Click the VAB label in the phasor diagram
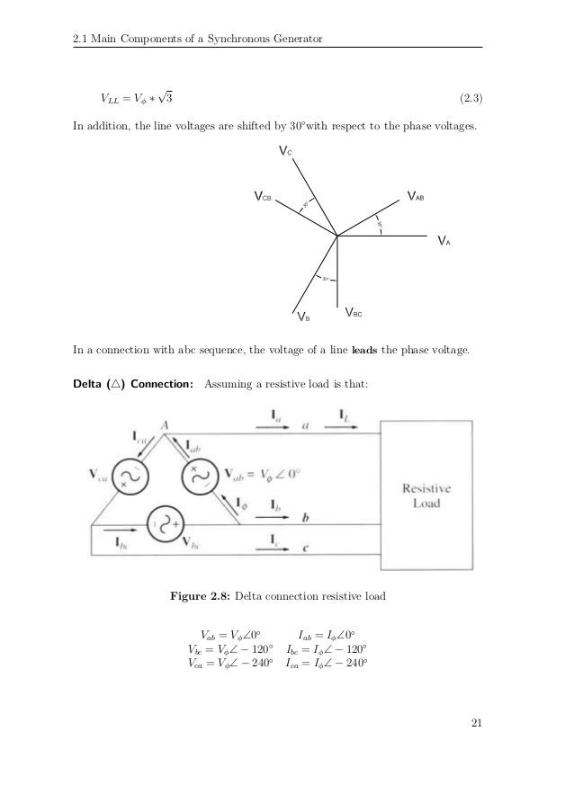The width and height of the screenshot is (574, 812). pyautogui.click(x=416, y=195)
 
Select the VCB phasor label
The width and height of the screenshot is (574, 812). pyautogui.click(x=263, y=195)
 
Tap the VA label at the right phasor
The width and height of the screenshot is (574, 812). pyautogui.click(x=443, y=242)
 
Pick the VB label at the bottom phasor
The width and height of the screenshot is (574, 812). pyautogui.click(x=303, y=317)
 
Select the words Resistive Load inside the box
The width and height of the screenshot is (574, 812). pyautogui.click(x=426, y=495)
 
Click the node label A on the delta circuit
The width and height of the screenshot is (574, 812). pyautogui.click(x=166, y=425)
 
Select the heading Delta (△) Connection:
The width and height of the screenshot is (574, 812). pyautogui.click(x=133, y=386)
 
